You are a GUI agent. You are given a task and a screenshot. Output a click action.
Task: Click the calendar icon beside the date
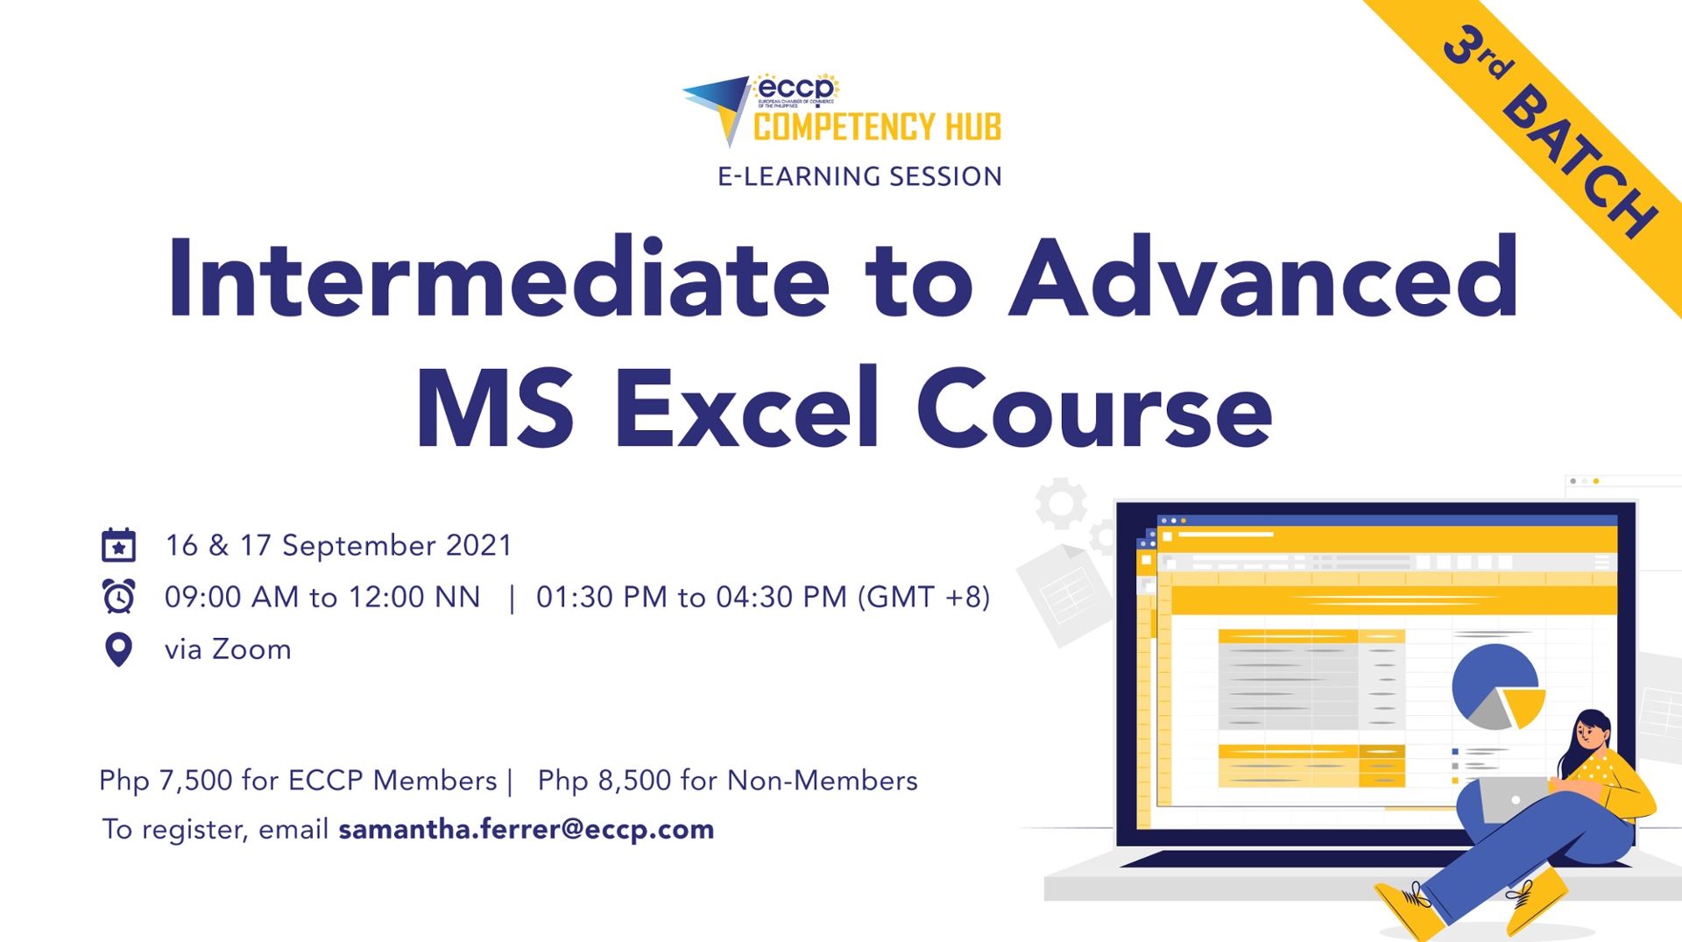118,545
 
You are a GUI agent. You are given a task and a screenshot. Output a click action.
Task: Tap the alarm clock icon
118,597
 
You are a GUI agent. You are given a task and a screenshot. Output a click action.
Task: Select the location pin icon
118,649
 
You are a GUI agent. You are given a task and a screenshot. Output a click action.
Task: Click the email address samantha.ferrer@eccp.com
527,829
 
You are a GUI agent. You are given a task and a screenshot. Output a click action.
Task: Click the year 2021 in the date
478,545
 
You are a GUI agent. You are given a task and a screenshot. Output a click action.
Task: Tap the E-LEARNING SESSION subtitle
859,176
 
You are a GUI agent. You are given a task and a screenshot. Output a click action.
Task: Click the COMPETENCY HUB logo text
877,127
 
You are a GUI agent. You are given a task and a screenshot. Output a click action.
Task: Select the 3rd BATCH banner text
1551,131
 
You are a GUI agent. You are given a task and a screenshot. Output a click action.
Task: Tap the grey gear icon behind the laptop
1061,503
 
